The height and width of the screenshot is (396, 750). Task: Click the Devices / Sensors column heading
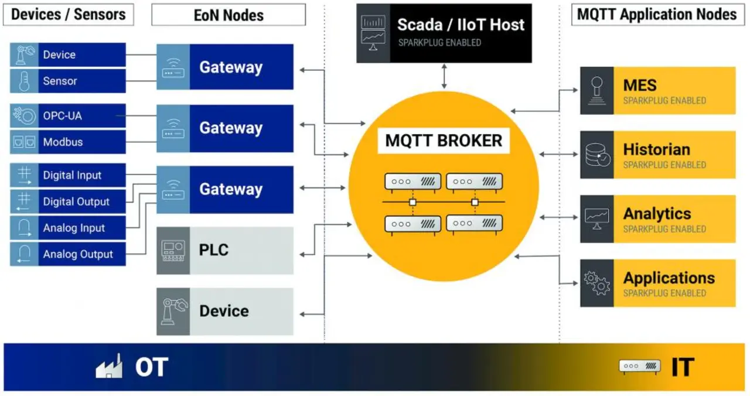pyautogui.click(x=68, y=15)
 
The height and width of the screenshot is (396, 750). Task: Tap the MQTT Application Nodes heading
pyautogui.click(x=657, y=15)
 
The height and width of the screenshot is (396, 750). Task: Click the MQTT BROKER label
pyautogui.click(x=444, y=141)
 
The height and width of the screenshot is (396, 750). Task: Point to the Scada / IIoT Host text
pyautogui.click(x=461, y=25)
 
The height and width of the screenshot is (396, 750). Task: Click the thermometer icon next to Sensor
pyautogui.click(x=24, y=81)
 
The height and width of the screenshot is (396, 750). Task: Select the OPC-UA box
pyautogui.click(x=68, y=116)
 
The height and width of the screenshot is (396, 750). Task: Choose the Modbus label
pyautogui.click(x=63, y=142)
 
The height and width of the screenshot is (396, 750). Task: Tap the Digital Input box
pyautogui.click(x=68, y=175)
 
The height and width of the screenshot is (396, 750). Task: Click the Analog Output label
pyautogui.click(x=78, y=254)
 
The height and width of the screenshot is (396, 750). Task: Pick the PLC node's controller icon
pyautogui.click(x=173, y=251)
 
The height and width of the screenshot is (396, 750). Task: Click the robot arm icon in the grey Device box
pyautogui.click(x=173, y=312)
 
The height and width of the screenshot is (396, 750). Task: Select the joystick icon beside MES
pyautogui.click(x=597, y=90)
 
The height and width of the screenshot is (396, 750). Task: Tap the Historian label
pyautogui.click(x=656, y=149)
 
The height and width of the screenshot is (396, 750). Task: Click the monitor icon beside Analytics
pyautogui.click(x=597, y=219)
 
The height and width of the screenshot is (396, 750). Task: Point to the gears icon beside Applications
pyautogui.click(x=597, y=284)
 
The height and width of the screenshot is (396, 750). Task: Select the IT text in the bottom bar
pyautogui.click(x=682, y=367)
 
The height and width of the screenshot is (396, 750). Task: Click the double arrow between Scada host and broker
pyautogui.click(x=444, y=76)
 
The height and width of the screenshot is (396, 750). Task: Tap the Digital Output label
pyautogui.click(x=76, y=202)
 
